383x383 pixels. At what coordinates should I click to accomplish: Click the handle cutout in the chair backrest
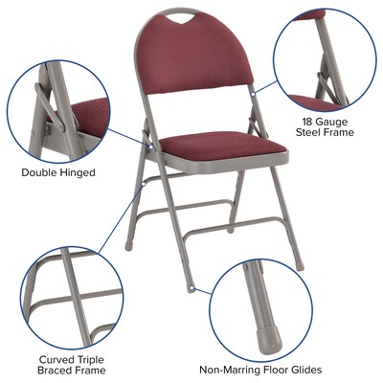(x=179, y=18)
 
